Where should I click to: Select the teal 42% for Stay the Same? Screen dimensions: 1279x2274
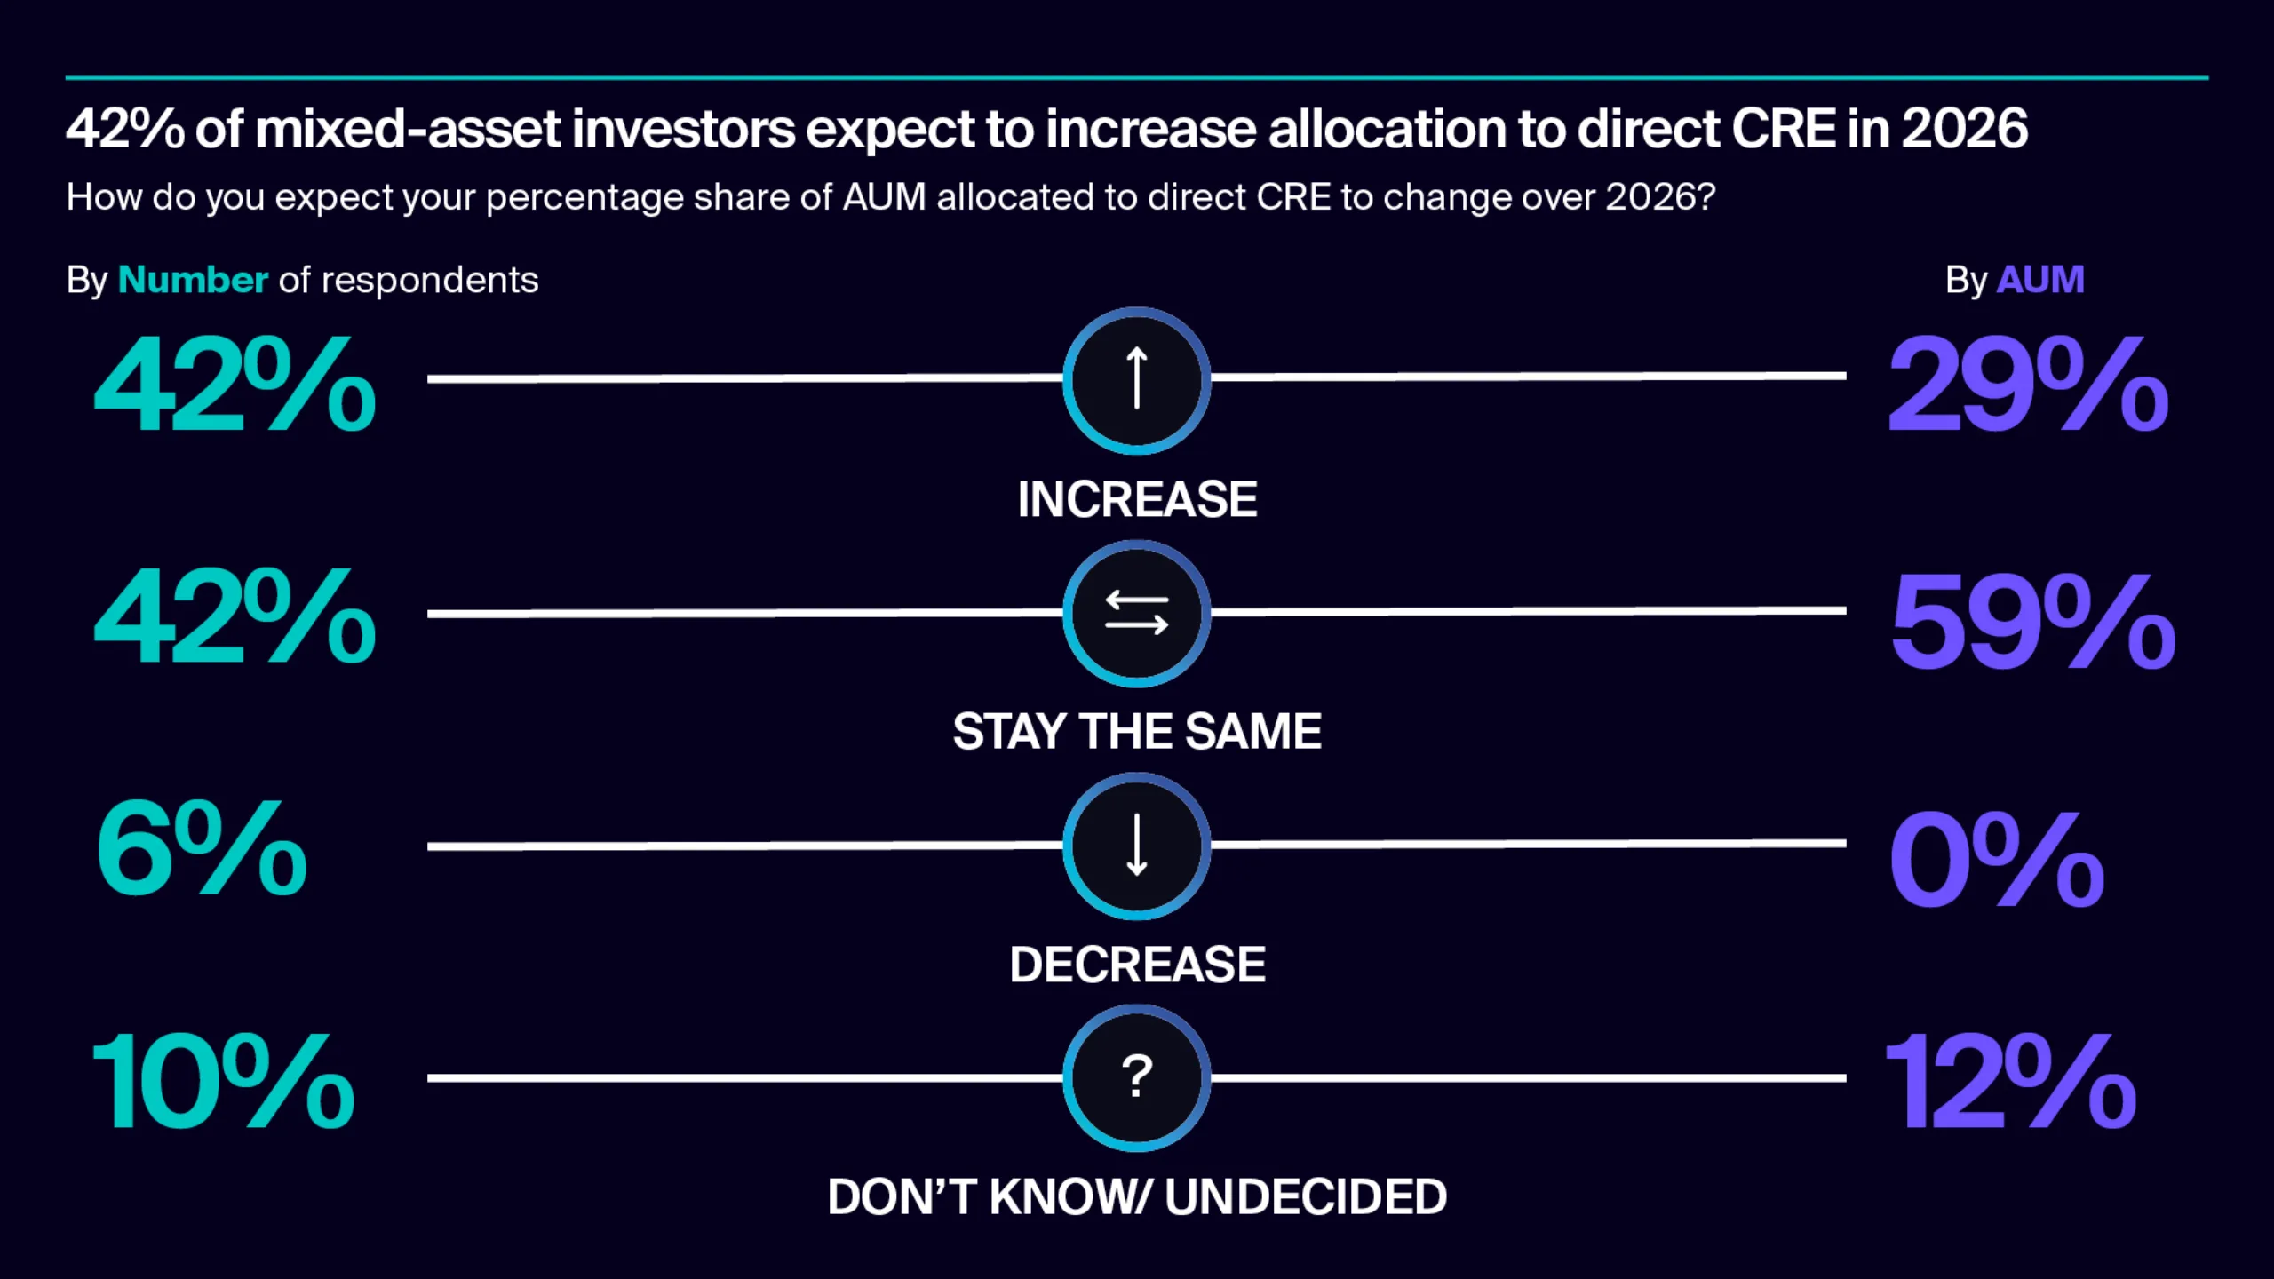[235, 617]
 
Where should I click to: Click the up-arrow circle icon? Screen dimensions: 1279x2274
[1136, 380]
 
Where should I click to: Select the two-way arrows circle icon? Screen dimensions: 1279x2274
[1136, 614]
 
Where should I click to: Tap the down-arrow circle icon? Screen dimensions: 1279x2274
[1136, 846]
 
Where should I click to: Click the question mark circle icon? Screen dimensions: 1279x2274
[1136, 1078]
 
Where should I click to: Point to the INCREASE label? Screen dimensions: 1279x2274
[1137, 499]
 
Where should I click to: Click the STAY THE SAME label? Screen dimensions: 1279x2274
[1137, 732]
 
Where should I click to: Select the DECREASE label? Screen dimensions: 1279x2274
[1137, 965]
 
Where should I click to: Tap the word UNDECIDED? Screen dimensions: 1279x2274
[1306, 1197]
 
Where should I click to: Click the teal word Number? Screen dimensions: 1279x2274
[193, 281]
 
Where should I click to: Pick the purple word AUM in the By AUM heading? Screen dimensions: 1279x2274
[2039, 281]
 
